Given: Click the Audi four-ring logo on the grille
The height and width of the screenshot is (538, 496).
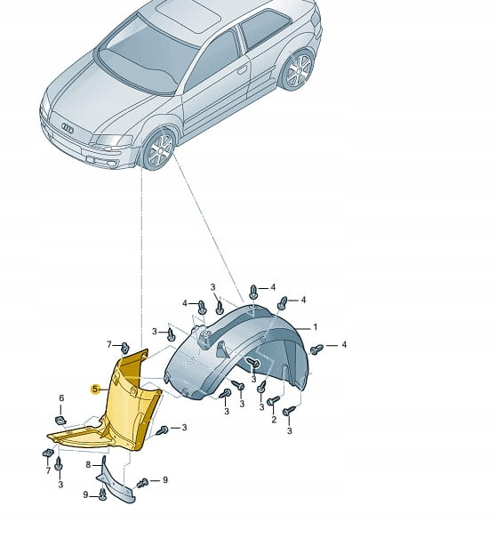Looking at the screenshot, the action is (x=68, y=128).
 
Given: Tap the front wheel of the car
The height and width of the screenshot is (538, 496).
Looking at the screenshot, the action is (x=159, y=149).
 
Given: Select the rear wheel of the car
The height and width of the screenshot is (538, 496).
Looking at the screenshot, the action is (x=298, y=70).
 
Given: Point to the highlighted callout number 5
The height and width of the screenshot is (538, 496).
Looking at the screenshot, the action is (x=95, y=389).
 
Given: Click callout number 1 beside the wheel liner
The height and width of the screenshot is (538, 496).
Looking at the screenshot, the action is (x=315, y=327).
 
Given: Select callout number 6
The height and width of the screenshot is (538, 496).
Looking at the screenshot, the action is (x=61, y=398).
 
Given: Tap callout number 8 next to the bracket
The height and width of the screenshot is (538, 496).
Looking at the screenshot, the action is (x=88, y=464).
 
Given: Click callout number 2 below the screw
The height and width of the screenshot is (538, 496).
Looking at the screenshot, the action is (x=274, y=419).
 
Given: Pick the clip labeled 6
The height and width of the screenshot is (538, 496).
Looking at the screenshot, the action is (x=60, y=420).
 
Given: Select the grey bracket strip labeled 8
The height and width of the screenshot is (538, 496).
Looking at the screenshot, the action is (x=116, y=480).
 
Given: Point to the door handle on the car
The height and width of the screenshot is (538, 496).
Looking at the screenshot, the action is (x=242, y=70).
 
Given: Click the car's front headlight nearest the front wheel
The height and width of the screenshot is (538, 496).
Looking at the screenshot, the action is (x=110, y=140).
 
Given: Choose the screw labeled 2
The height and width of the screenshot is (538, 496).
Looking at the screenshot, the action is (x=274, y=401).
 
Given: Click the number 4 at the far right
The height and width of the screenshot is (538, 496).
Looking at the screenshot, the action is (x=344, y=344).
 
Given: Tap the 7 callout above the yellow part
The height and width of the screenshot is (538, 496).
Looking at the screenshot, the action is (x=109, y=344).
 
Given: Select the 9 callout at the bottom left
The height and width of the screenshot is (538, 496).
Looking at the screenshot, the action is (x=85, y=494).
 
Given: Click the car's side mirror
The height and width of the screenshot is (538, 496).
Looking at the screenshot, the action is (x=172, y=90).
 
